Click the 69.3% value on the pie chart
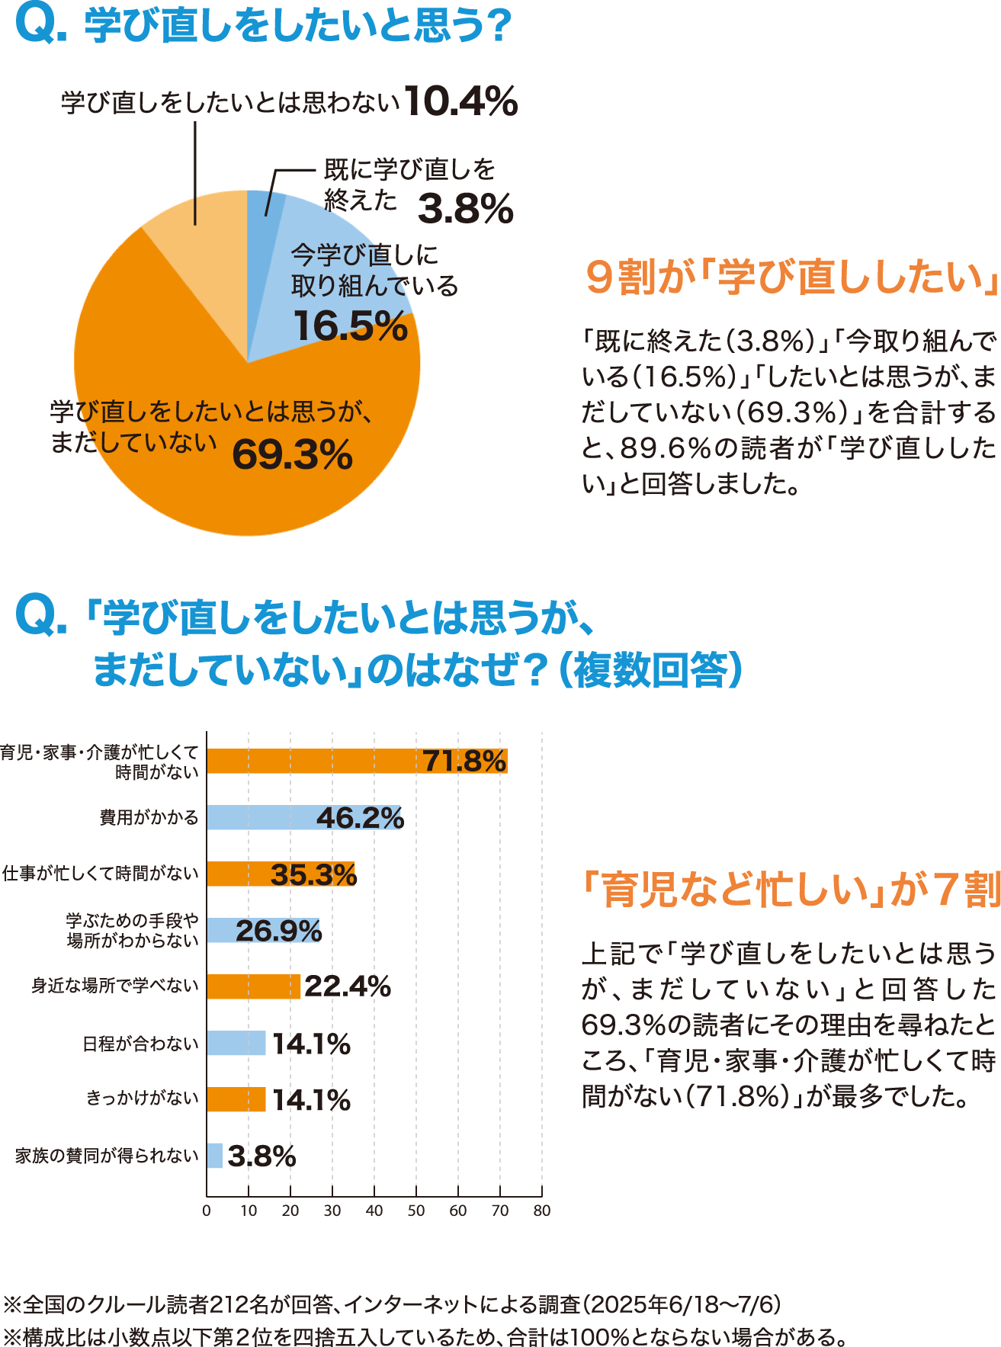pyautogui.click(x=292, y=455)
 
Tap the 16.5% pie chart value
pyautogui.click(x=351, y=326)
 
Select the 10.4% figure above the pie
pyautogui.click(x=461, y=101)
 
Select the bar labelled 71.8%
pyautogui.click(x=356, y=761)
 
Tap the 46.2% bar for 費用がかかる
pyautogui.click(x=303, y=817)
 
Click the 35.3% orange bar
pyautogui.click(x=281, y=874)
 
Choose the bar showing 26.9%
pyautogui.click(x=264, y=930)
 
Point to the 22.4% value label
pyautogui.click(x=348, y=986)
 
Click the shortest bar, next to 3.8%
pyautogui.click(x=214, y=1156)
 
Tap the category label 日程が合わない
pyautogui.click(x=140, y=1043)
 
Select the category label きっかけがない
pyautogui.click(x=142, y=1098)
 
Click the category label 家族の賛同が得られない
pyautogui.click(x=107, y=1156)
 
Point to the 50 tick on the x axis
pyautogui.click(x=416, y=1211)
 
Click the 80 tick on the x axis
pyautogui.click(x=541, y=1211)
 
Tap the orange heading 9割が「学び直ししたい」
pyautogui.click(x=791, y=277)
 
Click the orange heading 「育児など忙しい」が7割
pyautogui.click(x=791, y=889)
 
